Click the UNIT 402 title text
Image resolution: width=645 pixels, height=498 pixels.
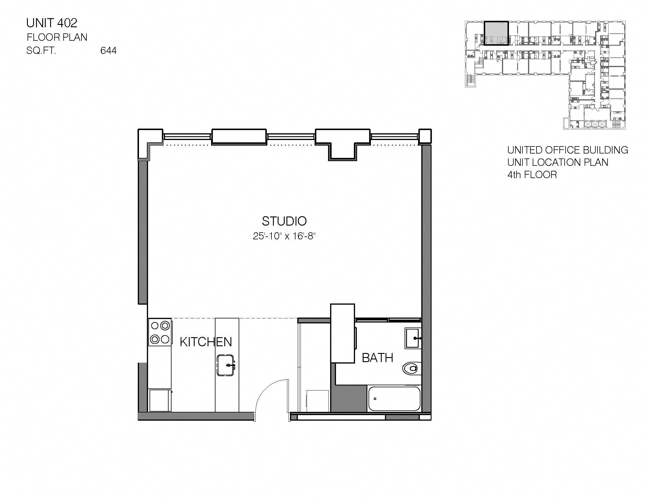[52, 23]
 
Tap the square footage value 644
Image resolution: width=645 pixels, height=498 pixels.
[108, 51]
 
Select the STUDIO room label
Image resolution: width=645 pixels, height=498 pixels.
[284, 221]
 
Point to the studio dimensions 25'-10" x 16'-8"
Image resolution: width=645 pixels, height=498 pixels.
[284, 236]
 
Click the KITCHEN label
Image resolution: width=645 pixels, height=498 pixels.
[206, 342]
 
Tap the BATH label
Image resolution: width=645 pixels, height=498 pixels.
[377, 358]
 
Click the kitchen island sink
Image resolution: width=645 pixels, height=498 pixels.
[226, 365]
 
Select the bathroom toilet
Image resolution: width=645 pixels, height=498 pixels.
[410, 369]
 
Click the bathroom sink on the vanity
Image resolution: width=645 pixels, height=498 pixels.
[413, 338]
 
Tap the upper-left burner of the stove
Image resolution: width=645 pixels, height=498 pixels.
[155, 326]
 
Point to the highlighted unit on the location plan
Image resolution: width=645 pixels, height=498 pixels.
[496, 33]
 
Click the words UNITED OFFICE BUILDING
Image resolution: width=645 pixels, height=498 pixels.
[567, 150]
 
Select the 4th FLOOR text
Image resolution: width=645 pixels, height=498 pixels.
[532, 175]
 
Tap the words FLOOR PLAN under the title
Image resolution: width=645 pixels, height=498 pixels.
[57, 37]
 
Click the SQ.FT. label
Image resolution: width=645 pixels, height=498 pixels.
[41, 51]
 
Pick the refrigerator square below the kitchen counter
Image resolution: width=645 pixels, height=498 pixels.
[160, 400]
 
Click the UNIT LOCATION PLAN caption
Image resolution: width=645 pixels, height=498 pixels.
[558, 162]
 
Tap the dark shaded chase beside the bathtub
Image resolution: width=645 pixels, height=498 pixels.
[349, 398]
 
